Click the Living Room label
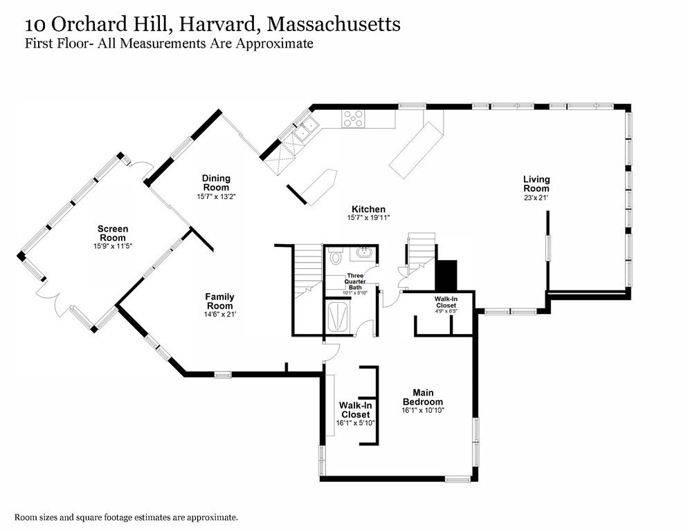pyautogui.click(x=536, y=184)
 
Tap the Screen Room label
pyautogui.click(x=113, y=234)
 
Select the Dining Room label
pyautogui.click(x=216, y=183)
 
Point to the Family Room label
pyautogui.click(x=219, y=301)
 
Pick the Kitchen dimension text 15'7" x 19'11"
pyautogui.click(x=368, y=218)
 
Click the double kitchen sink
pyautogui.click(x=307, y=127)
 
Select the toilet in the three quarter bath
pyautogui.click(x=336, y=259)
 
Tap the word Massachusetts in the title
pyautogui.click(x=334, y=25)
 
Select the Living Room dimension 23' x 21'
pyautogui.click(x=536, y=198)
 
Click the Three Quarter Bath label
pyautogui.click(x=355, y=281)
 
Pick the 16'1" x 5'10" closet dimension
pyautogui.click(x=354, y=423)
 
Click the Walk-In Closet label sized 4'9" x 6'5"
pyautogui.click(x=445, y=301)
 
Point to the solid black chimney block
pyautogui.click(x=447, y=275)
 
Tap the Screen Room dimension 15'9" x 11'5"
pyautogui.click(x=113, y=245)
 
